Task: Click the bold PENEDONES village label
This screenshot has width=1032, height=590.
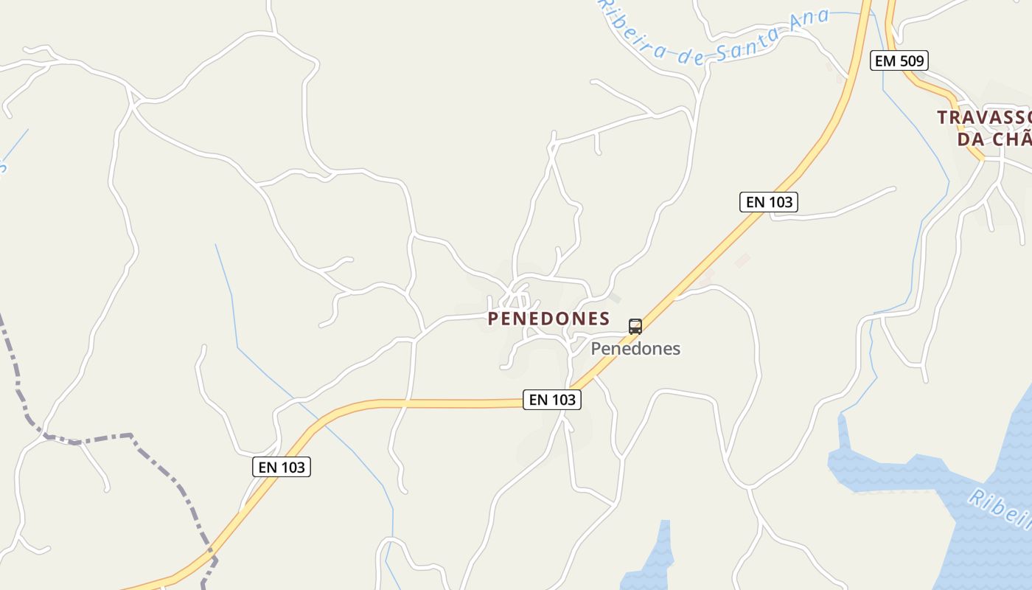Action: pyautogui.click(x=548, y=319)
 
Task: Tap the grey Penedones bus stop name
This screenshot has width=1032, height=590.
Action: pyautogui.click(x=635, y=349)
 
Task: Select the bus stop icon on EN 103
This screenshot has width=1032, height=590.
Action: pyautogui.click(x=635, y=326)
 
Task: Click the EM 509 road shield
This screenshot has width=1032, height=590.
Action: pyautogui.click(x=899, y=60)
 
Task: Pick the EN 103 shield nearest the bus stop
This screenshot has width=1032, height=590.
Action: pyautogui.click(x=552, y=400)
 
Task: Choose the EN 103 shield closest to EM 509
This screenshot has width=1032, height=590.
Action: pyautogui.click(x=769, y=201)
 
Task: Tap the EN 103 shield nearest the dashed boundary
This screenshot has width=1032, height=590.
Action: pyautogui.click(x=281, y=467)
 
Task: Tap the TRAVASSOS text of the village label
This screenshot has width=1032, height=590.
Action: pyautogui.click(x=984, y=117)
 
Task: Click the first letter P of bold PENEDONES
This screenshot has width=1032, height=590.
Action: pyautogui.click(x=493, y=319)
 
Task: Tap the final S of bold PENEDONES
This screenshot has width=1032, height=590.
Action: pyautogui.click(x=604, y=319)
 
